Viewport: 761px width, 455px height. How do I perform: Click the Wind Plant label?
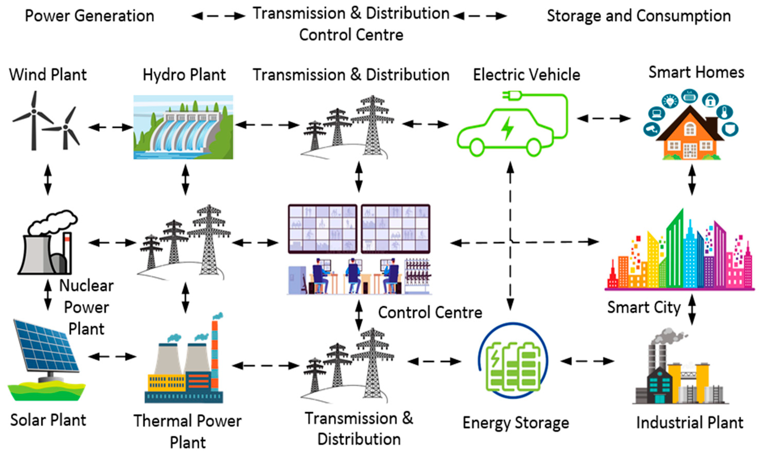(x=48, y=75)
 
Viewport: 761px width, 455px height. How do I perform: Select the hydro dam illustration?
(x=183, y=127)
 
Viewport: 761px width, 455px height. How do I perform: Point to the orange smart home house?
(x=690, y=135)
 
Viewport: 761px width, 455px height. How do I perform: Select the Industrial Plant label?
(x=690, y=423)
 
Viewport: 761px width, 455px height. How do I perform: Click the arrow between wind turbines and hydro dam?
(x=110, y=127)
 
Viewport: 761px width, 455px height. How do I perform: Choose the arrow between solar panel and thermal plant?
(x=112, y=356)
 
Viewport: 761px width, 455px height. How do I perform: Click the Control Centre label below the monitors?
(x=430, y=313)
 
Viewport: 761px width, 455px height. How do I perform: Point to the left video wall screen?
(x=322, y=229)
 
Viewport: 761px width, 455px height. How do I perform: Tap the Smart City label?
(x=644, y=307)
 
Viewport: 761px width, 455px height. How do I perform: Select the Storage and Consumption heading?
(x=639, y=16)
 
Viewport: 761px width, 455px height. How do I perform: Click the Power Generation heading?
(x=89, y=16)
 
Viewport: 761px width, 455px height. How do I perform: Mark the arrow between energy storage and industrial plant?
(x=587, y=361)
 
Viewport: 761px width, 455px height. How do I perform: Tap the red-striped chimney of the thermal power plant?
(x=215, y=356)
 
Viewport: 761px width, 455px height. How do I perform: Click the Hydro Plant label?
(x=184, y=75)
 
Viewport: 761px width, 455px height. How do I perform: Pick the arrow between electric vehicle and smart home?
(x=604, y=118)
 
